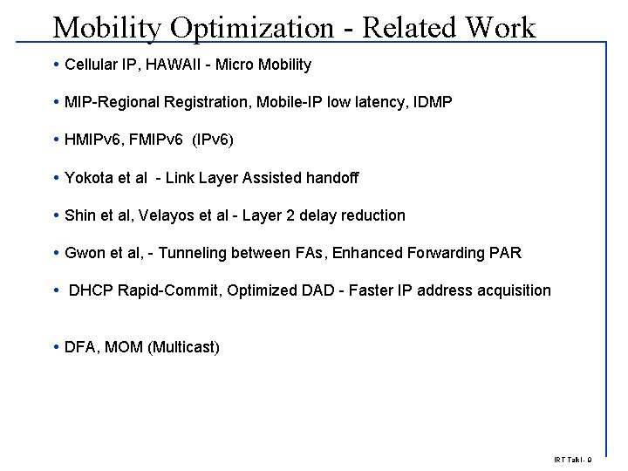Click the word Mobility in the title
tap(107, 28)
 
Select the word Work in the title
tap(500, 27)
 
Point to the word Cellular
tap(92, 65)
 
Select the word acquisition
tap(515, 290)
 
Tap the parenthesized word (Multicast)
tap(184, 347)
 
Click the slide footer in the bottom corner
tap(572, 460)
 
